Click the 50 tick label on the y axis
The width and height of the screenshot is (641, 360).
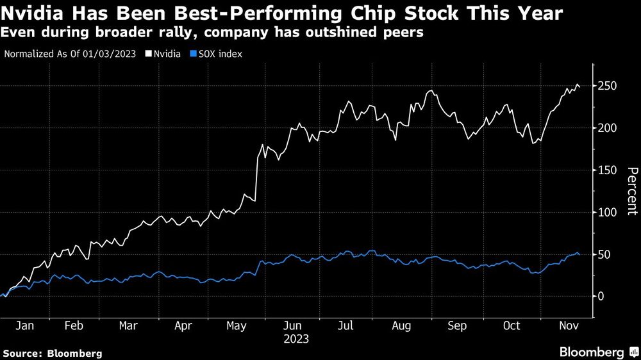(604, 255)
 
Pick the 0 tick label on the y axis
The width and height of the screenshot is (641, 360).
(602, 297)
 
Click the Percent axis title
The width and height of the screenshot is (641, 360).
(631, 191)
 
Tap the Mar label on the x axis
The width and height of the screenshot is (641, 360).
(128, 325)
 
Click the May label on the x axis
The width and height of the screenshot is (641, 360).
(237, 325)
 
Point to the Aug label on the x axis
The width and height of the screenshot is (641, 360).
(401, 325)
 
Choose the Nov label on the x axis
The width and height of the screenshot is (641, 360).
(565, 325)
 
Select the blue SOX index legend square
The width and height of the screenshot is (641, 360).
(194, 54)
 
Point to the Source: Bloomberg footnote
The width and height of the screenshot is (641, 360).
(53, 353)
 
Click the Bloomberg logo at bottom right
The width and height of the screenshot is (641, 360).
(597, 352)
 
